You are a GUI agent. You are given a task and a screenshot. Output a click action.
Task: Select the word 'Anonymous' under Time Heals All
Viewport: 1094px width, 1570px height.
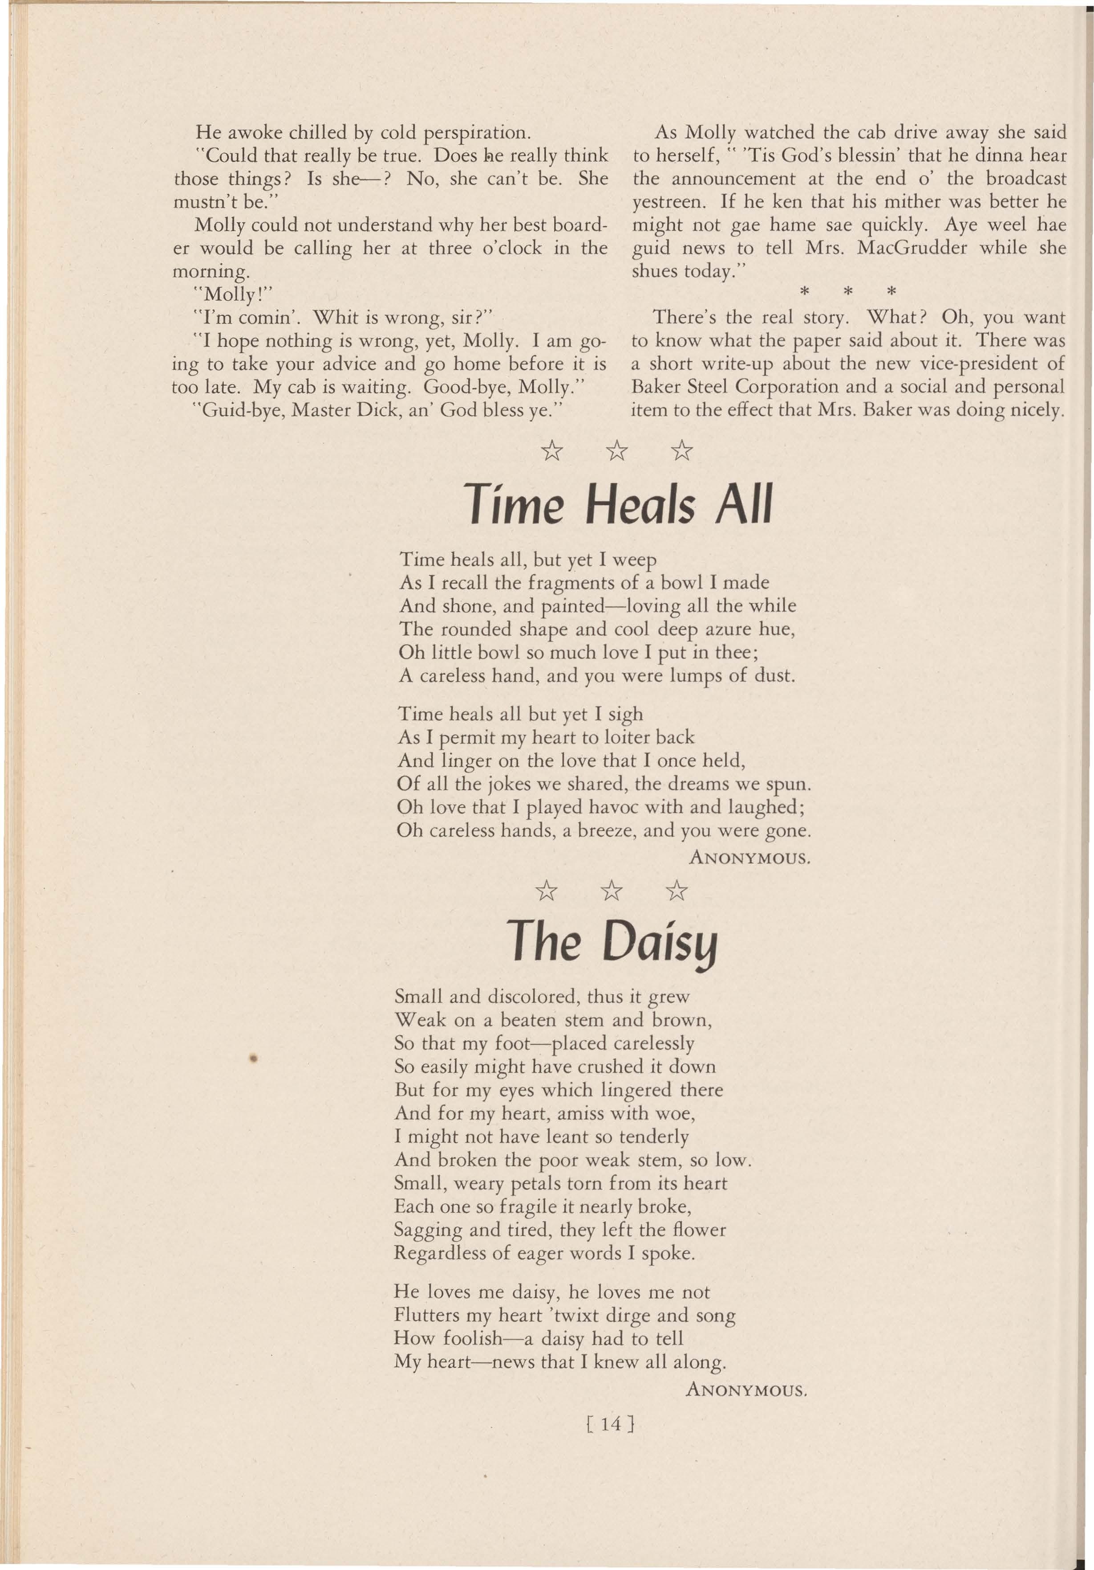click(750, 857)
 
